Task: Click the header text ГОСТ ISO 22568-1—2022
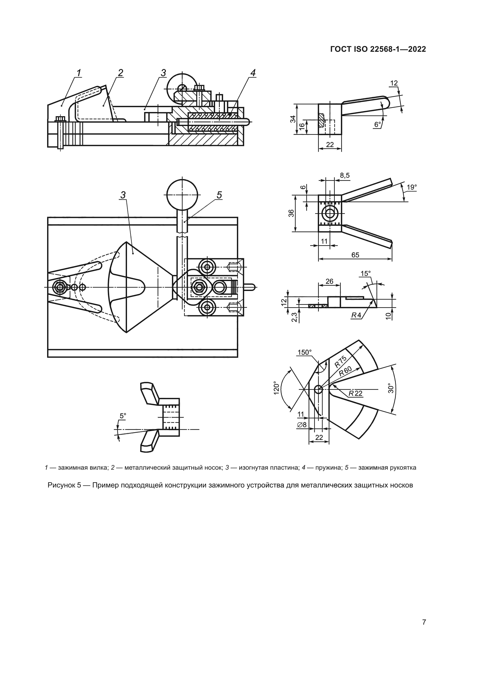(x=378, y=49)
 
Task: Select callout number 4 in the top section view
(x=253, y=73)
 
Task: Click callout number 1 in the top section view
(x=79, y=73)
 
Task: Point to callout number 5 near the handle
(x=219, y=195)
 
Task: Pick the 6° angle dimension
(x=377, y=124)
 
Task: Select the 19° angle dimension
(x=412, y=187)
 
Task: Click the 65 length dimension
(x=355, y=255)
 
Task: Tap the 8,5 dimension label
(x=344, y=176)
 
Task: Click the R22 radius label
(x=356, y=393)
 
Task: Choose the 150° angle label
(x=304, y=352)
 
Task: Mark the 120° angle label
(x=276, y=388)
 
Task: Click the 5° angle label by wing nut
(x=123, y=416)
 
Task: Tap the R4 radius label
(x=356, y=315)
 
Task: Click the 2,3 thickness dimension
(x=294, y=317)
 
